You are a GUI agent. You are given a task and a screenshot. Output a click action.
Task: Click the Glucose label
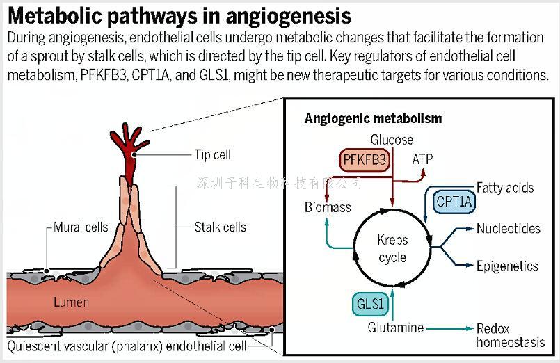click(x=391, y=140)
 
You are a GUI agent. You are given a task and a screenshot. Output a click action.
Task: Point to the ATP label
click(x=422, y=159)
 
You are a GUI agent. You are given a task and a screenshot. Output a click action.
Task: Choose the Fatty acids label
click(x=505, y=187)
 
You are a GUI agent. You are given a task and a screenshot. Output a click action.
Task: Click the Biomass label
click(x=328, y=207)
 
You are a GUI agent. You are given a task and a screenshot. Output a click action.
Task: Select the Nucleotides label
click(x=508, y=229)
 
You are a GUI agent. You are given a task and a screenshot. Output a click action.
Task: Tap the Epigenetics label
click(x=507, y=266)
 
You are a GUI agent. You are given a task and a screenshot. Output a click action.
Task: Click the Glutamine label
click(x=396, y=328)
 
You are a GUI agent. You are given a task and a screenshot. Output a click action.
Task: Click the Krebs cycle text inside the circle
click(x=392, y=249)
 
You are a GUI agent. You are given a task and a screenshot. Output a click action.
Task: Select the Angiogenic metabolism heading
click(x=373, y=118)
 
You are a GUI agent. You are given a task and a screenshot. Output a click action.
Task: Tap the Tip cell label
click(x=212, y=155)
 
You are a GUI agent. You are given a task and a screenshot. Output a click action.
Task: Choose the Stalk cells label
click(x=220, y=227)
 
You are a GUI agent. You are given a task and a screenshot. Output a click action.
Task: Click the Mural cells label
click(x=81, y=227)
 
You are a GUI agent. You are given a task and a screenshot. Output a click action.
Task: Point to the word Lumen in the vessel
click(x=71, y=302)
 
